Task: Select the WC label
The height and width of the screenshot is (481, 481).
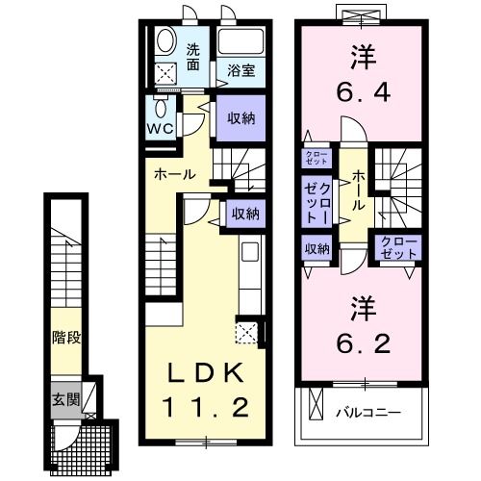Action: (160, 127)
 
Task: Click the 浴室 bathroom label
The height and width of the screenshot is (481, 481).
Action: (241, 70)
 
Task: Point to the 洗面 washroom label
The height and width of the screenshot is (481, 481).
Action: (193, 57)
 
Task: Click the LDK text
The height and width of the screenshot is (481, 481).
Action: (202, 373)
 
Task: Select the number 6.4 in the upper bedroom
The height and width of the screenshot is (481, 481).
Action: (362, 94)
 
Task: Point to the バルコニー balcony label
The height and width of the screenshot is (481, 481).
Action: (367, 414)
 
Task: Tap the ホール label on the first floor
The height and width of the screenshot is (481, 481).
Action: (176, 175)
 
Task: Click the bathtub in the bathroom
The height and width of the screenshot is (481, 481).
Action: (241, 43)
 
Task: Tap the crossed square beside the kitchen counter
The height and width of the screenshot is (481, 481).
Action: (246, 333)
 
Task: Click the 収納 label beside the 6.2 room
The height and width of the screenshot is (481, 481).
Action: (317, 248)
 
